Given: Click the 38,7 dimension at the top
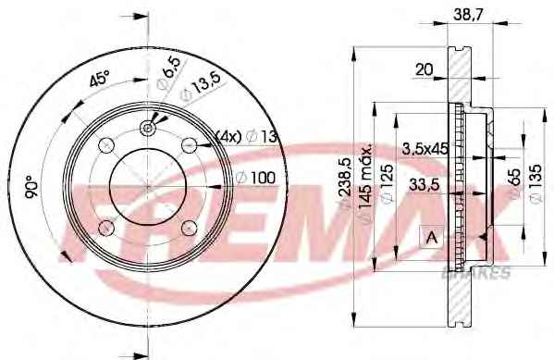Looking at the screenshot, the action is point(468,14).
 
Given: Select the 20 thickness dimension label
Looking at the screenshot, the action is point(424,69).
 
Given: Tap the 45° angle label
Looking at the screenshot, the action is point(99,79).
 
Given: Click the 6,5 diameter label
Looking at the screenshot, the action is point(168,72).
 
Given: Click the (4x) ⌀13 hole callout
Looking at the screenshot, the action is point(246,136).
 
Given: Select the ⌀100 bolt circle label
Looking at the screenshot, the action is point(255,178).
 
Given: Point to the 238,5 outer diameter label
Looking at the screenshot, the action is point(345,180).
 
